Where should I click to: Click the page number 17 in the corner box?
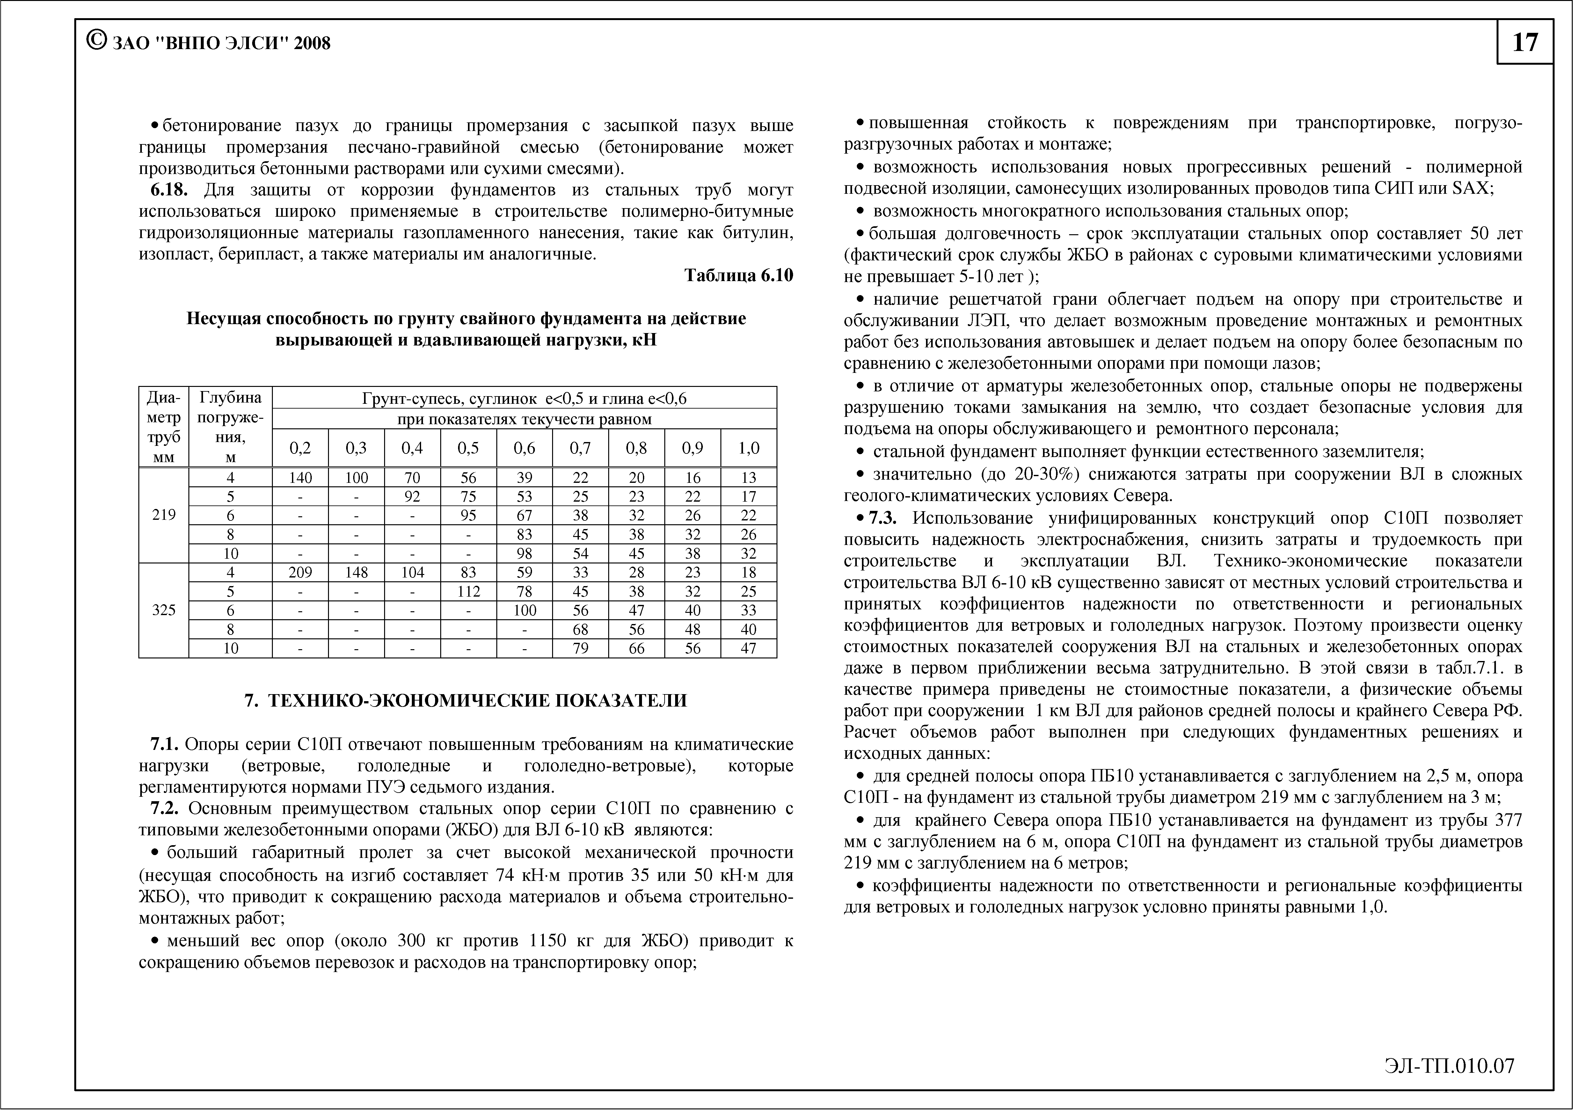tap(1525, 43)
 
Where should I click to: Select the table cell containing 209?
tap(300, 572)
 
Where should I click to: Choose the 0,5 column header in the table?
tap(469, 448)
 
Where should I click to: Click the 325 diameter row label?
tap(164, 610)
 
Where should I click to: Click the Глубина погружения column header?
tap(231, 427)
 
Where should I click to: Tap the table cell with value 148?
tap(356, 572)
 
